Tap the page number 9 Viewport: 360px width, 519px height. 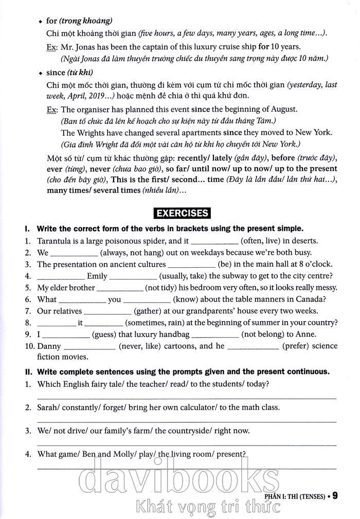(x=335, y=496)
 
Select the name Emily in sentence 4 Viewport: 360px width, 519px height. (x=97, y=276)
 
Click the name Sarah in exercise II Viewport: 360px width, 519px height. (x=49, y=407)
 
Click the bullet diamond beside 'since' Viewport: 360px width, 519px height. (x=40, y=73)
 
